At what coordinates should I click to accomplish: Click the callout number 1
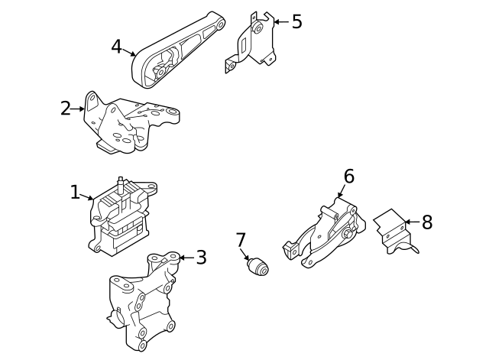pos(75,192)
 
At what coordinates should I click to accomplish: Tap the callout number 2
pos(66,109)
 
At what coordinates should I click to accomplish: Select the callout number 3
pos(201,258)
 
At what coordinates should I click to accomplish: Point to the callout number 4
pos(116,47)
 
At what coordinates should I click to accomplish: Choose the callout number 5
pos(296,21)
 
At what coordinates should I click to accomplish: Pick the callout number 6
pos(348,177)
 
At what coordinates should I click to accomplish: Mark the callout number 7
pos(241,240)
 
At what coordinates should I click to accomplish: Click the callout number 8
pos(426,222)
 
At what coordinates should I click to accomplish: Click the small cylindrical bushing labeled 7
pos(258,268)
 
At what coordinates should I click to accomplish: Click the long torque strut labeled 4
pos(176,54)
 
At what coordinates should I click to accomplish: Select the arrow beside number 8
pos(411,222)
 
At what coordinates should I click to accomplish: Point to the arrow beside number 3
pos(186,258)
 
